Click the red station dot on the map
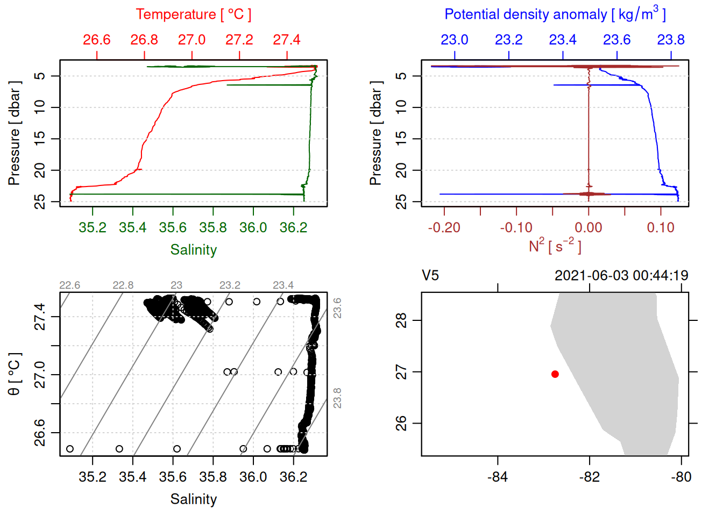coord(555,374)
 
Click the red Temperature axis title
coord(193,15)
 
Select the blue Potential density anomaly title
coord(555,14)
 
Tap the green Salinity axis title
coord(193,250)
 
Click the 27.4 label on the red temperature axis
coord(287,40)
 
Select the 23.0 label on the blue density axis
coord(455,40)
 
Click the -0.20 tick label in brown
coord(444,228)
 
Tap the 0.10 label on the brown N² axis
coord(661,228)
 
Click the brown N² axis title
coord(555,246)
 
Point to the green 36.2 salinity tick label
coord(293,228)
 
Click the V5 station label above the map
coord(430,276)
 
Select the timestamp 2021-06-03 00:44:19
coord(621,276)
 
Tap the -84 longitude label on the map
coord(498,477)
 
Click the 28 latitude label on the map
coord(401,320)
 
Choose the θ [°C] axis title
coord(15,374)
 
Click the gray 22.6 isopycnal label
coord(69,285)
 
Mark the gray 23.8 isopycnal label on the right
coord(337,398)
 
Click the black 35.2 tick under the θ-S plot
coord(93,477)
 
